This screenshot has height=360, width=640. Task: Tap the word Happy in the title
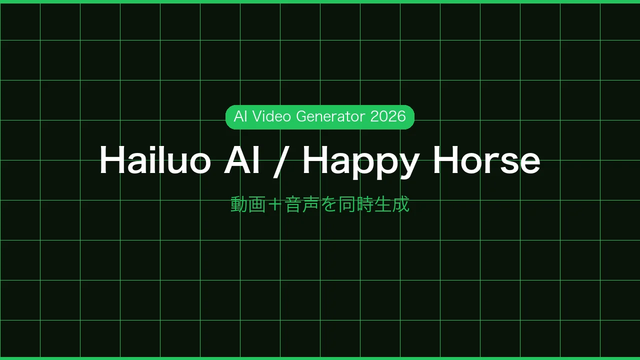[360, 161]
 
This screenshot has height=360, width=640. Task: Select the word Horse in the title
[486, 160]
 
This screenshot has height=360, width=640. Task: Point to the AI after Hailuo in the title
[242, 160]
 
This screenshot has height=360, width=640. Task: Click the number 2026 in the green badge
[388, 116]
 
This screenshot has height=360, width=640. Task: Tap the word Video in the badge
[272, 116]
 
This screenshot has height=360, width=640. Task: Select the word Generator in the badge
[330, 116]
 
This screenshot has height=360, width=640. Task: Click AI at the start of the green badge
[240, 116]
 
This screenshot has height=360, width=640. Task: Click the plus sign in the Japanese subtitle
[274, 204]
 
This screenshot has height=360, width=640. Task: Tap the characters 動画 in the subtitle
[248, 204]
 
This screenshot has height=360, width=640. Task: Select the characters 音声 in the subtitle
[301, 204]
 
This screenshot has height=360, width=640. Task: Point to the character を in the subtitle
[328, 204]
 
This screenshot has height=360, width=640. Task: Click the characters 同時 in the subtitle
[355, 204]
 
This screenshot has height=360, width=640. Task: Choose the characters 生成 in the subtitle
[391, 204]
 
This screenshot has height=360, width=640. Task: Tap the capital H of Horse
[445, 160]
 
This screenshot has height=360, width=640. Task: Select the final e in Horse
[529, 163]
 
